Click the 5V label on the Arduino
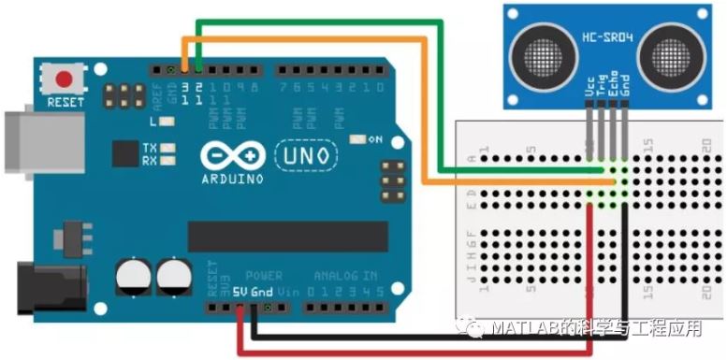[240, 292]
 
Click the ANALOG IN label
[345, 277]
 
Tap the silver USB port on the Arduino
[25, 143]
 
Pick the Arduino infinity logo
[225, 155]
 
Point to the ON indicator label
[375, 139]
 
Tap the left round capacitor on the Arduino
[133, 276]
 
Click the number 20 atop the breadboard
[707, 145]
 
